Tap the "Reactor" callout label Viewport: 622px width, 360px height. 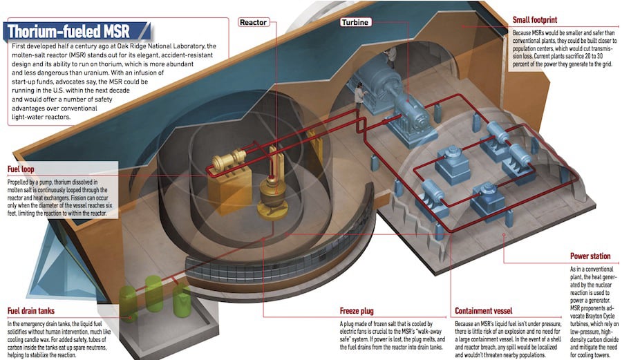pos(253,22)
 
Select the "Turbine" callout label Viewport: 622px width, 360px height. pos(355,22)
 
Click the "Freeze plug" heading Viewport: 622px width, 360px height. pos(360,312)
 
